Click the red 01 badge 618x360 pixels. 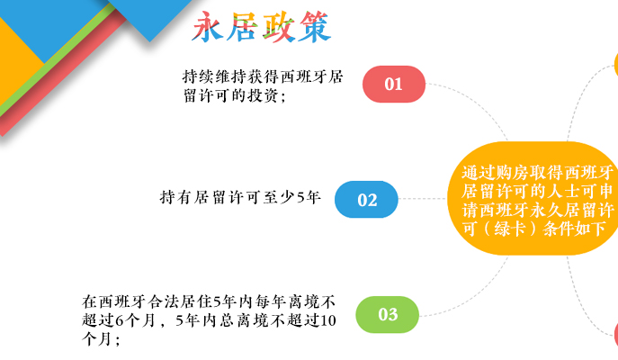point(394,84)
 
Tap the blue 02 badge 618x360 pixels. point(366,200)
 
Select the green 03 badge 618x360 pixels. point(387,314)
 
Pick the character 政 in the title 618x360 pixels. point(278,26)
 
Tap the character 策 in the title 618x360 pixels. point(314,26)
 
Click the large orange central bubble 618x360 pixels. point(533,198)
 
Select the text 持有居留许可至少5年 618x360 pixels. point(240,197)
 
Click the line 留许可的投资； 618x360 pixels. point(235,95)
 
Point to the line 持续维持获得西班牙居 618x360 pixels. point(263,76)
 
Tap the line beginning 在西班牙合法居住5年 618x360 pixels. point(209,301)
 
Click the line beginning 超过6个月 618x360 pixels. point(209,320)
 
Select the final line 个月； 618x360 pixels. point(101,338)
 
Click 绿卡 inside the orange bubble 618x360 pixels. point(509,229)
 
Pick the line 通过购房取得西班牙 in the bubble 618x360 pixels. point(538,172)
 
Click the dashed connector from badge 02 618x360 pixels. point(423,199)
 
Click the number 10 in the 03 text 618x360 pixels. point(328,320)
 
